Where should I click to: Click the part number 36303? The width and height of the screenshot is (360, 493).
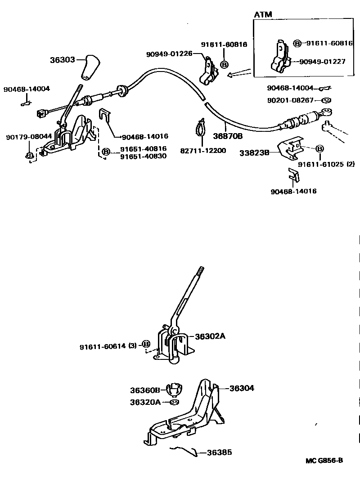tap(63, 59)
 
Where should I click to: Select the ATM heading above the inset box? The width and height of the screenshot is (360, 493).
tap(263, 15)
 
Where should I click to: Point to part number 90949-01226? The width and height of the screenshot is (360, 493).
tap(169, 54)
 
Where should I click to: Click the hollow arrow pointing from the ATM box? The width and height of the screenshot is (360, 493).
tap(239, 72)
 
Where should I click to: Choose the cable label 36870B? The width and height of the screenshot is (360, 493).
tap(228, 135)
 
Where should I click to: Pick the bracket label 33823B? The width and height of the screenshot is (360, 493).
tap(254, 152)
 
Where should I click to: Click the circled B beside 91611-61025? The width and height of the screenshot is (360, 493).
tap(319, 149)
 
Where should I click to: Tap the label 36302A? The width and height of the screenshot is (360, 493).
tap(210, 336)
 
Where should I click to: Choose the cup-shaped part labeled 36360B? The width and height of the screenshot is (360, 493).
tap(174, 389)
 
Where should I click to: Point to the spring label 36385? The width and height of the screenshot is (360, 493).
tap(219, 453)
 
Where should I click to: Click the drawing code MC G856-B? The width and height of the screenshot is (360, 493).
tap(324, 460)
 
